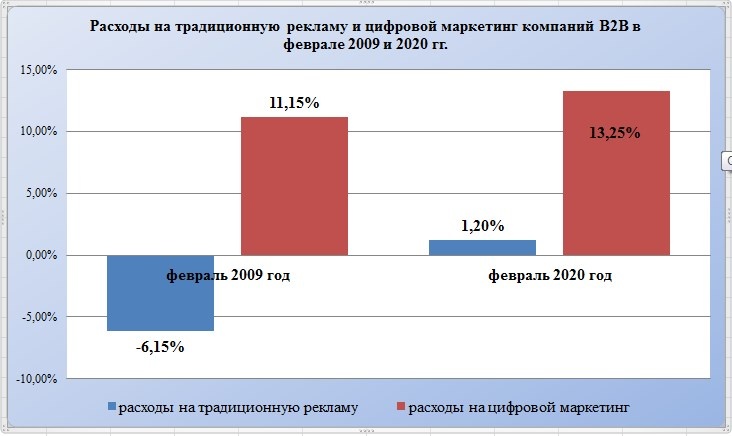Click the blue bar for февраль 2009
click(x=160, y=300)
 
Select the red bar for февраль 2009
click(x=294, y=186)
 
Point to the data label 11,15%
click(x=294, y=102)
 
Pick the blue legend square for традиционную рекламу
click(x=112, y=408)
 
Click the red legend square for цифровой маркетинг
click(x=402, y=408)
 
